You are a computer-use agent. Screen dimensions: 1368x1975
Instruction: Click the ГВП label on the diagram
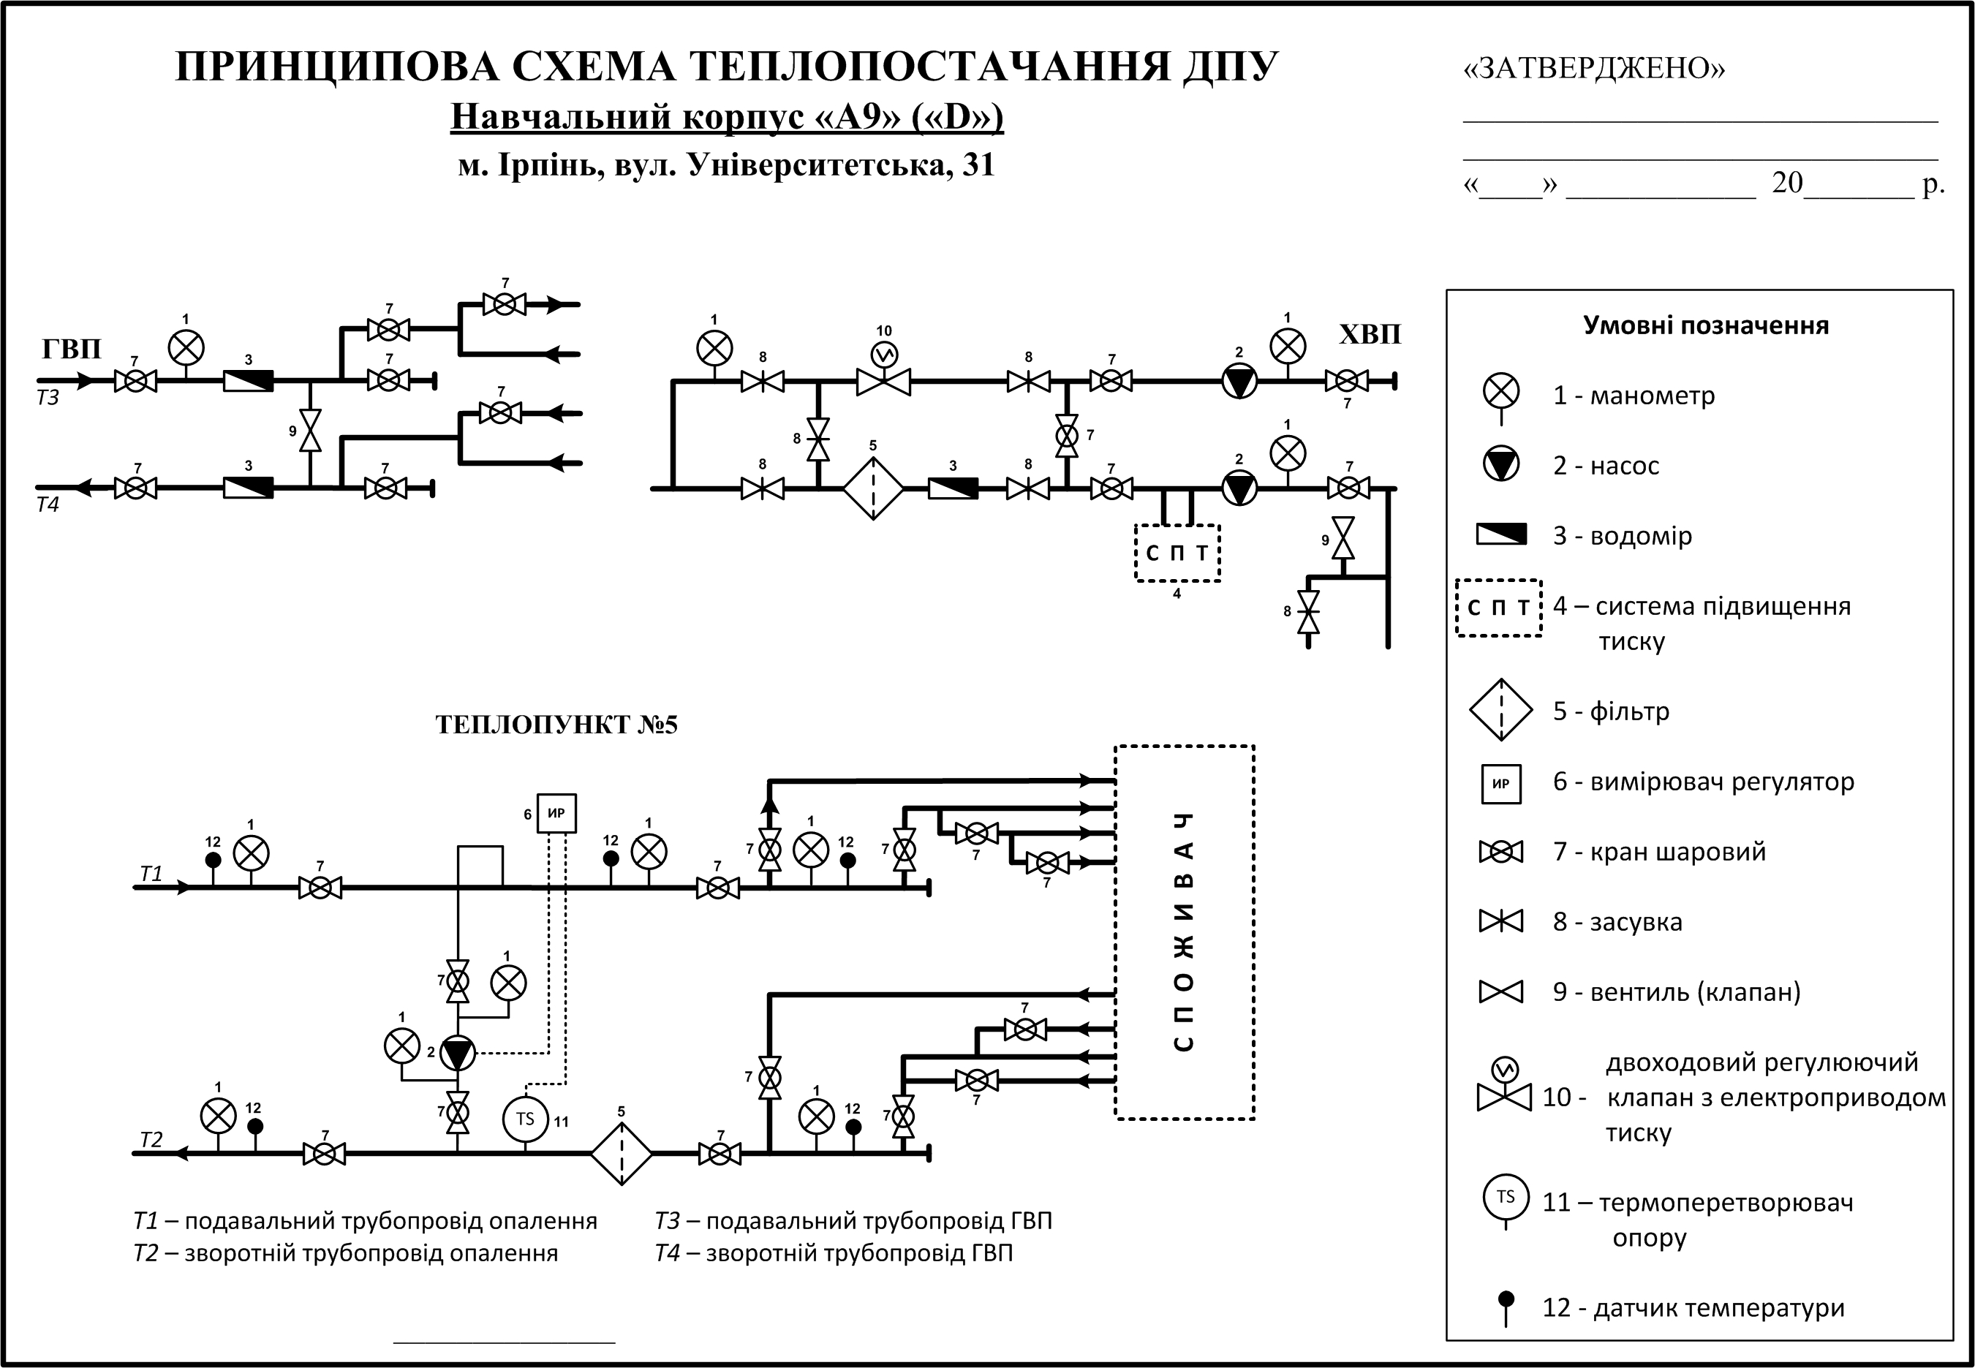point(71,349)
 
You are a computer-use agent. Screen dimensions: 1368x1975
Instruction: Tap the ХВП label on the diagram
point(1369,334)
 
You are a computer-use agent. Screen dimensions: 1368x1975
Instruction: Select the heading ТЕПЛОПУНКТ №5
point(556,725)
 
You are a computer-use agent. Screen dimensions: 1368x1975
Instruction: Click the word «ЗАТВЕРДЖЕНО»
point(1593,69)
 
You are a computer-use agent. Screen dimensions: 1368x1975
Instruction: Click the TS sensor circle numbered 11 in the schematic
point(524,1119)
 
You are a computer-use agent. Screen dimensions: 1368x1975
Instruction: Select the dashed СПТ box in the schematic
point(1177,553)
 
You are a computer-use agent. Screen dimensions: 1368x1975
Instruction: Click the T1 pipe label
point(151,874)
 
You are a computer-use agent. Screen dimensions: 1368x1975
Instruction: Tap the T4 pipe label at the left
point(48,505)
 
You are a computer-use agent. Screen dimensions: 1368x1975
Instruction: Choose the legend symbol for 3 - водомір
point(1501,535)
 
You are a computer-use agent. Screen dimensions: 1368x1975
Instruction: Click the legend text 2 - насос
point(1606,466)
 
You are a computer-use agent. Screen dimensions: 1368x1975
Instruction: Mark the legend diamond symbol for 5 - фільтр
point(1501,710)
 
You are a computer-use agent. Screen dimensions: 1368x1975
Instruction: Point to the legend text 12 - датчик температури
point(1693,1308)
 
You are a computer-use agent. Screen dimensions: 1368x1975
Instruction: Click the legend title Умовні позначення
point(1705,325)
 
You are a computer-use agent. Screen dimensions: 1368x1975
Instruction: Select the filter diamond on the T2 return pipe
point(622,1153)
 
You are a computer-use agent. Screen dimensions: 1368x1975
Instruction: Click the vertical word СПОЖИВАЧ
point(1184,931)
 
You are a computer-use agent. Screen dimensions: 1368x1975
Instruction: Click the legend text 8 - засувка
point(1617,922)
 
